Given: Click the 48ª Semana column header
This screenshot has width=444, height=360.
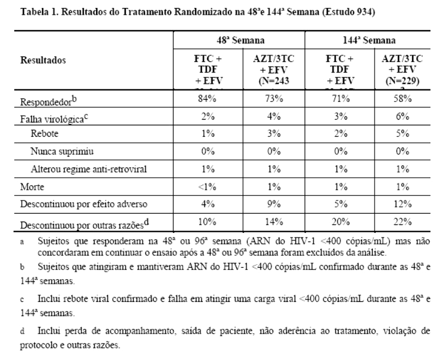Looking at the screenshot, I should click(239, 42).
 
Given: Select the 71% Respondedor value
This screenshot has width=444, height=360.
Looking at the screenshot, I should click(338, 104).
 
